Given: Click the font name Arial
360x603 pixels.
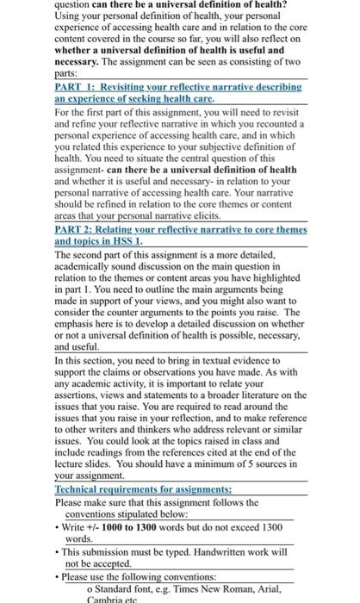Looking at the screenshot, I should pyautogui.click(x=275, y=588).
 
